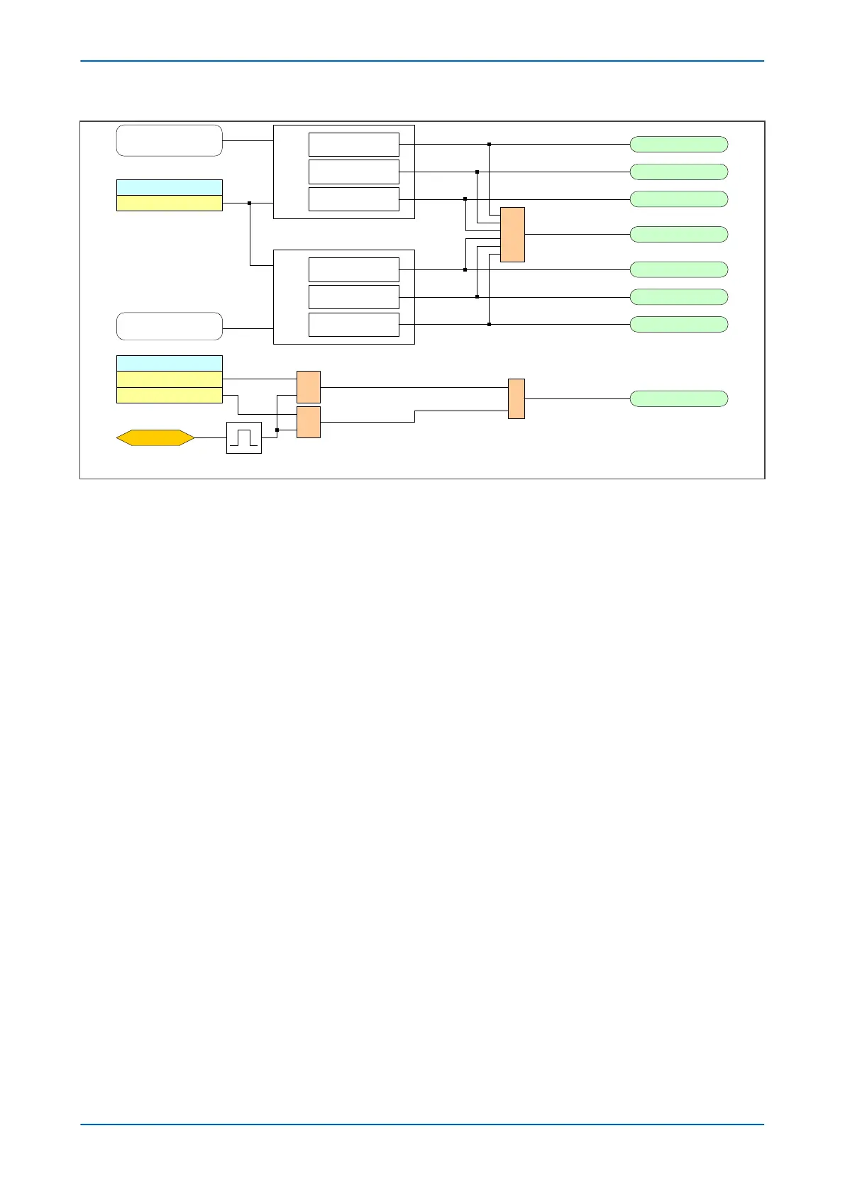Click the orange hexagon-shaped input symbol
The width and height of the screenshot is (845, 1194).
[155, 437]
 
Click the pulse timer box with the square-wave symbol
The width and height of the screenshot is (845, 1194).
[243, 437]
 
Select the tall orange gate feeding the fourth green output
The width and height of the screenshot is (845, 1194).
[512, 235]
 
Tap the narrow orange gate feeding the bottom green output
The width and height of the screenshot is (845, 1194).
[516, 398]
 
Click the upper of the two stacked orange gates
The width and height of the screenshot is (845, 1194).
[308, 387]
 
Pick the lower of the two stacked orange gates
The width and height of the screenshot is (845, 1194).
[308, 422]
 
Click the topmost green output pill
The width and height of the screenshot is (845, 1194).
[678, 145]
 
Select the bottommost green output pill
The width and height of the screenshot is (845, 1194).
[678, 398]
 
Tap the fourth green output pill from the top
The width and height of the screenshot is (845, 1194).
[678, 235]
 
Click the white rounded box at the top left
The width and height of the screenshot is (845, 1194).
[169, 140]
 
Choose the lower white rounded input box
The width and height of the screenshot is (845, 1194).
[169, 326]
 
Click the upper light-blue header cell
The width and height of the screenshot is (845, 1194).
[169, 187]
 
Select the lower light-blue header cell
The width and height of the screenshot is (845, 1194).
[169, 363]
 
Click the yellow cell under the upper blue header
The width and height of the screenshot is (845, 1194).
[169, 203]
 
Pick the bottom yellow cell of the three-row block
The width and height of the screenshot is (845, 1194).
[169, 395]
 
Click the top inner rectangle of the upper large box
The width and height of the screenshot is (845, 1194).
[353, 145]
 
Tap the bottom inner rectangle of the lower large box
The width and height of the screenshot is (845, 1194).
[353, 325]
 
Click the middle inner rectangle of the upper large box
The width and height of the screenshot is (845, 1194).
[353, 172]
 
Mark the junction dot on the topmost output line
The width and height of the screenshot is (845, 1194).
[489, 145]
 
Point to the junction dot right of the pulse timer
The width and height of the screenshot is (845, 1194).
[277, 430]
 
